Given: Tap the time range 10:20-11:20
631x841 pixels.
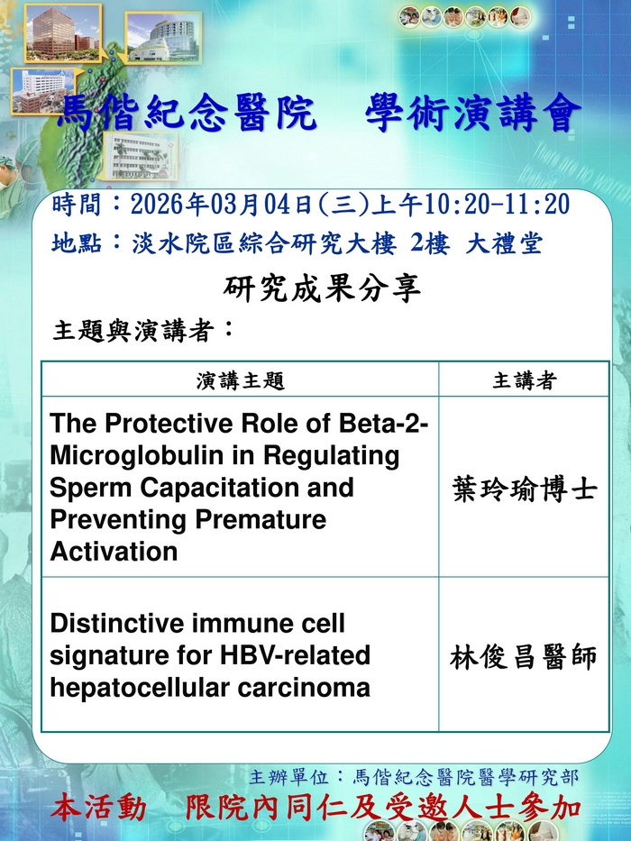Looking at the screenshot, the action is (x=497, y=205).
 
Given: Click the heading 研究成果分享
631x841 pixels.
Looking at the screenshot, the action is (x=322, y=288).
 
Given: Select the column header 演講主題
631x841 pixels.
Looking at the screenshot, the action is (x=240, y=380).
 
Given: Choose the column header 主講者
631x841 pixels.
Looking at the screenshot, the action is (x=525, y=380).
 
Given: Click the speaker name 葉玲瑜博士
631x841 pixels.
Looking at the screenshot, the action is (x=525, y=489).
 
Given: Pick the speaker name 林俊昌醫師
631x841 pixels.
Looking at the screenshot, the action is (x=523, y=657).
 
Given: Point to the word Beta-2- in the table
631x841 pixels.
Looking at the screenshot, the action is (x=383, y=423).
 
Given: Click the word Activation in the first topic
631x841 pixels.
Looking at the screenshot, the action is (x=114, y=552).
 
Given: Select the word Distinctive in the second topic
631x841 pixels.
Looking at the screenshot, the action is (x=116, y=623).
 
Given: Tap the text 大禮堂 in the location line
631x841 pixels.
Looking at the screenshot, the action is (x=504, y=244).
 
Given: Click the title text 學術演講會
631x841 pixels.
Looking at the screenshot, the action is (x=473, y=114).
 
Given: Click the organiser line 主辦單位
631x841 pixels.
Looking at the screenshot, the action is (x=414, y=777).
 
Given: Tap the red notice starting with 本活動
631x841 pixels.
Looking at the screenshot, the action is (x=316, y=809).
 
